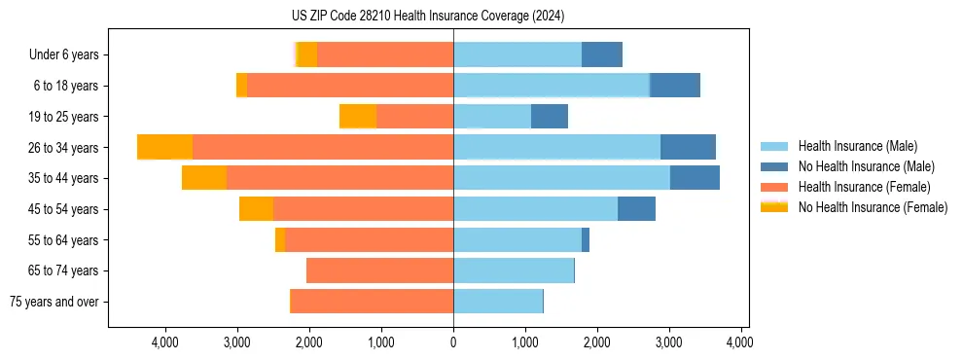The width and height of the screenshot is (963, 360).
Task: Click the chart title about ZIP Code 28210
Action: (x=428, y=17)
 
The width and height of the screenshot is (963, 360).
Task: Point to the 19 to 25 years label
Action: (x=65, y=117)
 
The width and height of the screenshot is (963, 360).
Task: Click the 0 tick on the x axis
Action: (x=453, y=342)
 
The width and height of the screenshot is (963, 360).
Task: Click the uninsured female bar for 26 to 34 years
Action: (x=165, y=147)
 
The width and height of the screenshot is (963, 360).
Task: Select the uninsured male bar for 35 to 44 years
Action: (x=695, y=178)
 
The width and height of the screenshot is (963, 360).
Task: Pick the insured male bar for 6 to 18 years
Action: (x=552, y=86)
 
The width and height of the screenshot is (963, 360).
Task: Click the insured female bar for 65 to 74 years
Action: (x=379, y=270)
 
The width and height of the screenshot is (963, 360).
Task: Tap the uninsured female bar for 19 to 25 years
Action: (x=358, y=117)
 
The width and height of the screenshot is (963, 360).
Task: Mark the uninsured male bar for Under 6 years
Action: (x=602, y=55)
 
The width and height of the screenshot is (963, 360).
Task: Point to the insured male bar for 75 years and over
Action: (x=498, y=302)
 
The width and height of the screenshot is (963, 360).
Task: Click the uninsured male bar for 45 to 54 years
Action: (x=636, y=209)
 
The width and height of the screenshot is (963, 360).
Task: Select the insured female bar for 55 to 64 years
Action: (x=370, y=240)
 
